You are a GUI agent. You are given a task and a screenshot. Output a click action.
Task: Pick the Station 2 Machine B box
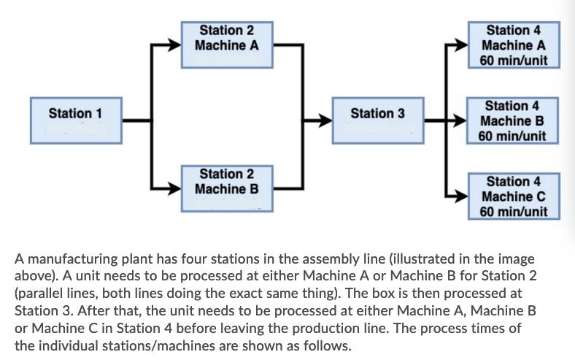point(227,188)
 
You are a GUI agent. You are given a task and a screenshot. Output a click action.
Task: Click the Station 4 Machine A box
point(514,45)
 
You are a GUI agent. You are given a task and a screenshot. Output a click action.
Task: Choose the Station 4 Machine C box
point(514,196)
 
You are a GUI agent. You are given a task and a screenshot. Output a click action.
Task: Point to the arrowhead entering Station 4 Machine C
point(462,196)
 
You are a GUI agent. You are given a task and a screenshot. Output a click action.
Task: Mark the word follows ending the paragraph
point(328,342)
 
